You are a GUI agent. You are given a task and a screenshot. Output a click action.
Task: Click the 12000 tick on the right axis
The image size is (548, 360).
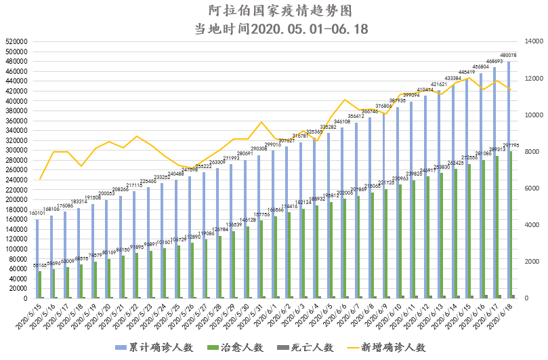click(532, 78)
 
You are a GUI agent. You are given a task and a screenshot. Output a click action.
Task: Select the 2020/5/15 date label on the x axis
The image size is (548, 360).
click(32, 316)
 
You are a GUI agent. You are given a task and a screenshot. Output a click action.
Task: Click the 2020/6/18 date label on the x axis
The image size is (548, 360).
click(501, 316)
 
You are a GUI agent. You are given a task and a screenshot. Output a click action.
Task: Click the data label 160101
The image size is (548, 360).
click(37, 214)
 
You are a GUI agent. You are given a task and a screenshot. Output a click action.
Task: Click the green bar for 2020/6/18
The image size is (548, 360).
click(513, 224)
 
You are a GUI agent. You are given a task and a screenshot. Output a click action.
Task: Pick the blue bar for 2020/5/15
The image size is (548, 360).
click(37, 258)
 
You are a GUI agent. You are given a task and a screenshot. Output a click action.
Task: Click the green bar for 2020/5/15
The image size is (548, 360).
click(41, 284)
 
